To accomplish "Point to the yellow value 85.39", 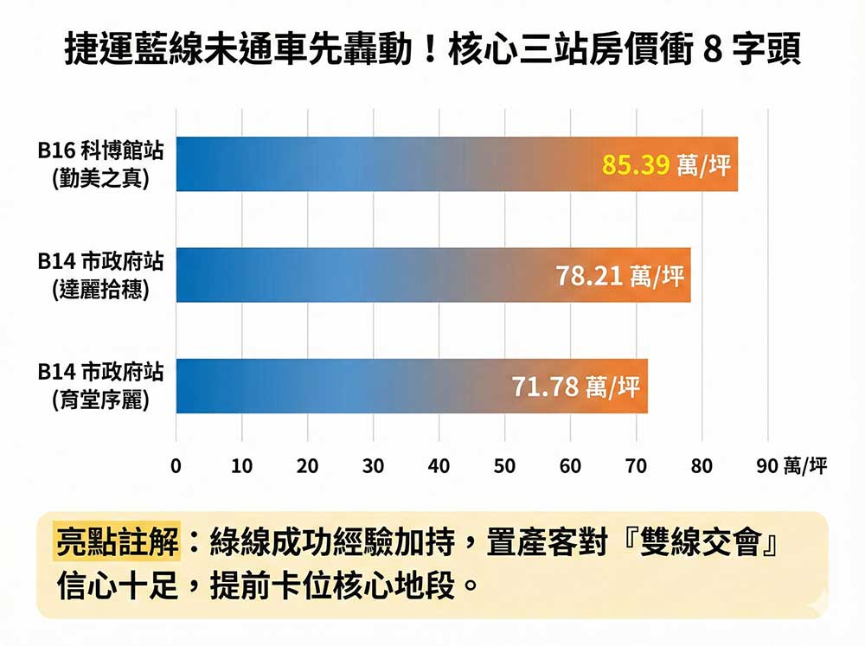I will coord(636,164).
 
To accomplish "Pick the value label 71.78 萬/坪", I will coord(576,386).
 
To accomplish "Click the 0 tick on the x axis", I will coord(176,467).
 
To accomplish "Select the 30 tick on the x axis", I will coord(373,467).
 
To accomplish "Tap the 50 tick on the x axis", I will coord(504,467).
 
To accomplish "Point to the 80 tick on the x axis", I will coord(702,467).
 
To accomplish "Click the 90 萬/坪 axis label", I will coord(791,467).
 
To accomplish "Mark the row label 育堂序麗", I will coord(100,400).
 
